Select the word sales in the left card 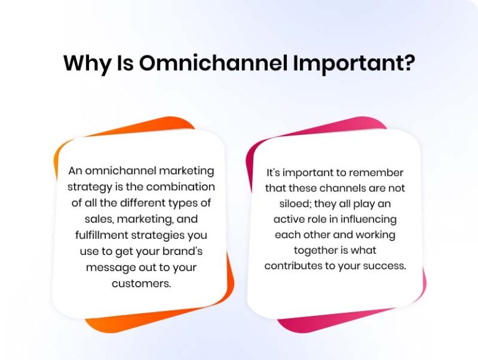point(97,219)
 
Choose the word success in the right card point(386,266)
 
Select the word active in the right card point(289,219)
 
